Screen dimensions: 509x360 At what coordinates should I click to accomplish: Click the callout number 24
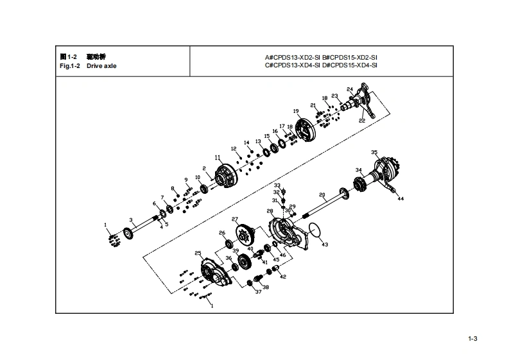pyautogui.click(x=349, y=89)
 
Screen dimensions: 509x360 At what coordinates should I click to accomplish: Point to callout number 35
pyautogui.click(x=374, y=152)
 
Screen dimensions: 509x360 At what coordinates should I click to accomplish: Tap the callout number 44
pyautogui.click(x=401, y=199)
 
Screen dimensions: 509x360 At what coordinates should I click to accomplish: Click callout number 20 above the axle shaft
pyautogui.click(x=322, y=194)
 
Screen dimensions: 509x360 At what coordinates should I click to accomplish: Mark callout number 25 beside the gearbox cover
pyautogui.click(x=198, y=253)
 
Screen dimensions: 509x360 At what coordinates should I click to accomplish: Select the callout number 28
pyautogui.click(x=270, y=210)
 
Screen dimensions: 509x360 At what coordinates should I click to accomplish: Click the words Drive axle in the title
pyautogui.click(x=102, y=65)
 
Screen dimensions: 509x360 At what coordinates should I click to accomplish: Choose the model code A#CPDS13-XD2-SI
pyautogui.click(x=293, y=57)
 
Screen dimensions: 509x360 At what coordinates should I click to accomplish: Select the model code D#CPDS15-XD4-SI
pyautogui.click(x=349, y=65)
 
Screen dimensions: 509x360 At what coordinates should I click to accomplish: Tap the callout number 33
pyautogui.click(x=277, y=185)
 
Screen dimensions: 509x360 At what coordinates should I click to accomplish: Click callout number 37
pyautogui.click(x=258, y=292)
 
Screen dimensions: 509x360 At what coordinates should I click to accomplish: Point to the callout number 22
pyautogui.click(x=362, y=121)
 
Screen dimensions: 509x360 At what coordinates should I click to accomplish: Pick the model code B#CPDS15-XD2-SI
pyautogui.click(x=349, y=57)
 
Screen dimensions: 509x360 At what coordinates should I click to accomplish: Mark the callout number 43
pyautogui.click(x=325, y=244)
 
